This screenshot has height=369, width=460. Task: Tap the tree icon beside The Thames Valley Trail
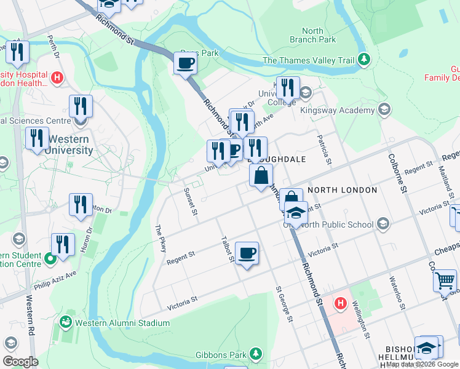coord(364,60)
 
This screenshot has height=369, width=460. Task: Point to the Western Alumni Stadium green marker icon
coord(65,322)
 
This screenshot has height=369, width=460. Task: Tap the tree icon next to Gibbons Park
coord(255,354)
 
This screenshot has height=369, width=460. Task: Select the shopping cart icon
coord(445,280)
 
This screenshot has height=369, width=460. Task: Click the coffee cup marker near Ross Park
coord(185,62)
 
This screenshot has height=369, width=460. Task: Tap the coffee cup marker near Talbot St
coord(247,253)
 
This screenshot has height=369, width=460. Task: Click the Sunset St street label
coord(190,202)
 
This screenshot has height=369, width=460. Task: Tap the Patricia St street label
coord(323,151)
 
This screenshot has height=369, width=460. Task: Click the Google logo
coord(20,362)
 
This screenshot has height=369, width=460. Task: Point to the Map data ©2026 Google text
coord(422,364)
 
